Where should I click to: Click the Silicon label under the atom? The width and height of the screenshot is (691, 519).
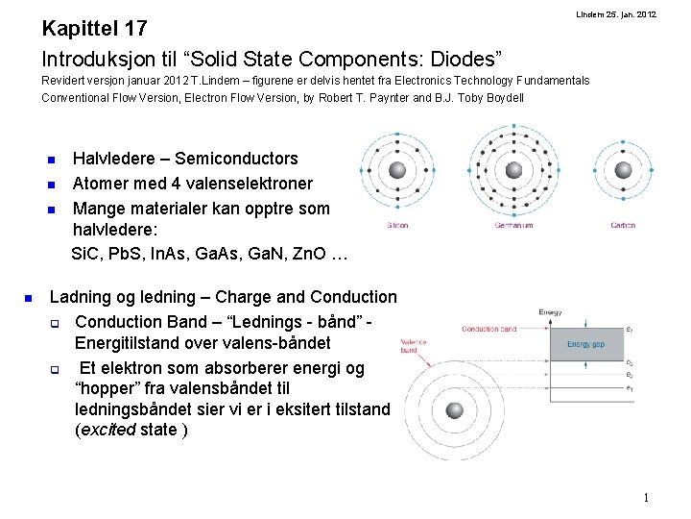[397, 226]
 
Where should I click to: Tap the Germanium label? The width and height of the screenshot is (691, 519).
[513, 226]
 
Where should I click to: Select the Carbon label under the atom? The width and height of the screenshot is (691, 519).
[623, 226]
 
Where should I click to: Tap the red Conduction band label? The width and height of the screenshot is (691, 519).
[489, 329]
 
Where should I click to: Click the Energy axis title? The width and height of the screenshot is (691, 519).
[550, 312]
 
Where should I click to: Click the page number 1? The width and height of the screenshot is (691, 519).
[647, 498]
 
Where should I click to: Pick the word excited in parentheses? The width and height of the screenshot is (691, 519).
[107, 430]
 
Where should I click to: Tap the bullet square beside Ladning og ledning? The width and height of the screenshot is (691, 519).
[30, 298]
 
